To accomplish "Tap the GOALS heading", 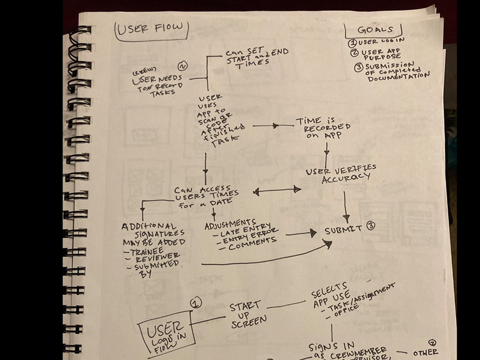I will tap(374, 30).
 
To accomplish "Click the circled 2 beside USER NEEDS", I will tap(182, 66).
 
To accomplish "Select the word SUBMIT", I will tap(343, 229).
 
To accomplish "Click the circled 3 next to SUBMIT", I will tap(370, 226).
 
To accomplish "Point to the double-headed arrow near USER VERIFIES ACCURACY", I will tap(277, 191).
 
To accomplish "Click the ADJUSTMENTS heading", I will tap(230, 225).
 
